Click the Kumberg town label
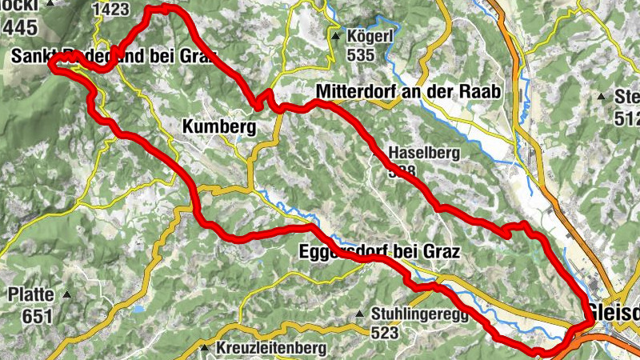click(x=218, y=126)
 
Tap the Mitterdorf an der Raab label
click(x=408, y=92)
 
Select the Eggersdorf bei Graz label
click(x=379, y=254)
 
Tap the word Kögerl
click(x=370, y=36)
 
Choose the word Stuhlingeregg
click(x=419, y=314)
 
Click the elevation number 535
click(x=361, y=55)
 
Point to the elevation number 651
click(x=37, y=316)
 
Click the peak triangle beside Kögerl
click(x=337, y=35)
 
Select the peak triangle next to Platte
click(x=67, y=295)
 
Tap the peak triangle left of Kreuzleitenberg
click(x=205, y=349)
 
